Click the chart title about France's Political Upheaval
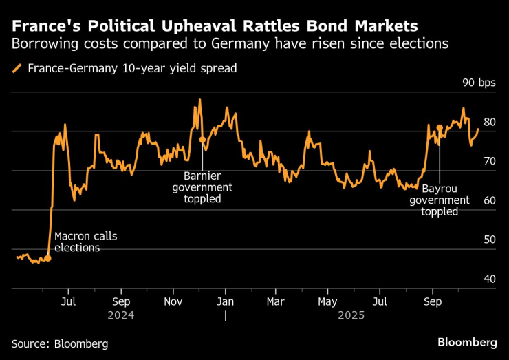coord(214,26)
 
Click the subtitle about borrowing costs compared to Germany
coord(230,44)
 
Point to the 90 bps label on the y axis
coord(479,83)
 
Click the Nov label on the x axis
coord(173,302)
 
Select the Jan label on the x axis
coord(226,302)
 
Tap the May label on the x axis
coord(328,302)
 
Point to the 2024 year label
coord(120,315)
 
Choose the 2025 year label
coord(349,315)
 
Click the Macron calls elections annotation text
coord(86,242)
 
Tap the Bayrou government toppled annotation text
coord(440,200)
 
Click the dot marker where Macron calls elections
coord(47,258)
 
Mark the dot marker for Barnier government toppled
coord(202,140)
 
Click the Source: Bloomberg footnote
coord(60,343)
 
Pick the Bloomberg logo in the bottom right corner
coord(467,342)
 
